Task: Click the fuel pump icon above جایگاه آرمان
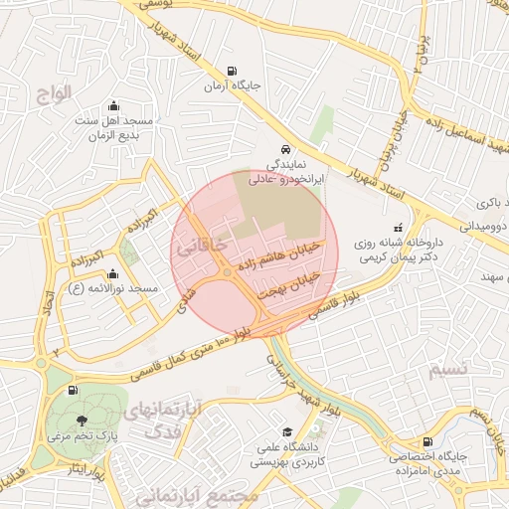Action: (x=233, y=71)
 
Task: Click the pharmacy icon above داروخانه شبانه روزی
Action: (x=399, y=226)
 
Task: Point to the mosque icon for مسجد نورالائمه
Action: (x=112, y=274)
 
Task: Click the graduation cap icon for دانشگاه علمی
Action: (x=287, y=432)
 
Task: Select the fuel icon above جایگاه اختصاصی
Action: (x=427, y=441)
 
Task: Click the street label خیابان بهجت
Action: (x=289, y=282)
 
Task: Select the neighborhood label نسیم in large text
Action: (x=447, y=371)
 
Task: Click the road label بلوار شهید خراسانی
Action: (x=295, y=383)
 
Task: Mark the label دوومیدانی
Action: (x=483, y=227)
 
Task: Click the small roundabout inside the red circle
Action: (x=228, y=271)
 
